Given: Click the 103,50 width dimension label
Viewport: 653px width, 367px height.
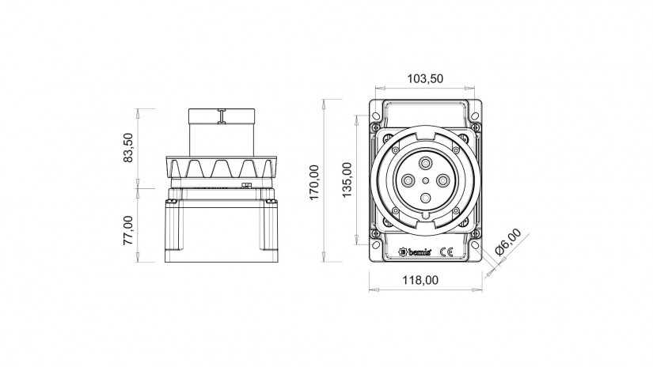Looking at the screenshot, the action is [425, 78].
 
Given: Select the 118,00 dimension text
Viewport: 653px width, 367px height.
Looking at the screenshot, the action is [420, 280].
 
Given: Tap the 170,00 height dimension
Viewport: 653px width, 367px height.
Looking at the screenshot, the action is [314, 182].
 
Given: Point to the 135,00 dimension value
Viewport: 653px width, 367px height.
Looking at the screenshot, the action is [347, 180].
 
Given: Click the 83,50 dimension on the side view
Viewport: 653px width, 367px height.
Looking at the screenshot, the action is [128, 147].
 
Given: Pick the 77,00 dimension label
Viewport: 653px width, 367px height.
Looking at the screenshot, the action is [128, 230].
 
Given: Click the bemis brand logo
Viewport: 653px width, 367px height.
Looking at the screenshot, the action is [415, 252].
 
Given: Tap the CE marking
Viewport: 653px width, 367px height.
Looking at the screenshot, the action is [447, 252].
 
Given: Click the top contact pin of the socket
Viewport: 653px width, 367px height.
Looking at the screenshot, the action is [425, 163].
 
